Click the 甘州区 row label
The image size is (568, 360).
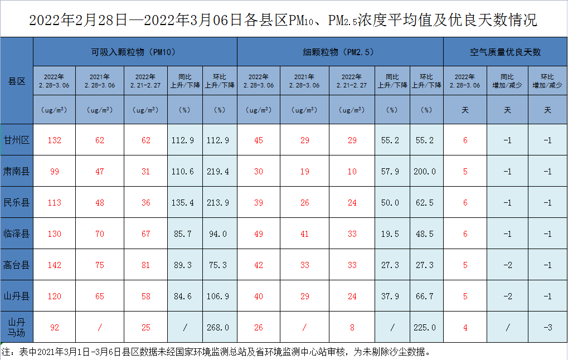pos(17,140)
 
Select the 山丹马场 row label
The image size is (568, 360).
pos(17,327)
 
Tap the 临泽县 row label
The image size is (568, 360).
pos(17,233)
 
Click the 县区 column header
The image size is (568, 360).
pos(17,81)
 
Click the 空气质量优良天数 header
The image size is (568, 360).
pos(505,52)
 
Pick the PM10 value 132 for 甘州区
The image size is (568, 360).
pos(54,140)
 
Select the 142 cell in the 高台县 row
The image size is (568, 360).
pos(54,265)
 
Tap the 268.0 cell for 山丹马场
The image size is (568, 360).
pos(219,328)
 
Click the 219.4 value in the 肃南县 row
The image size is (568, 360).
pos(219,172)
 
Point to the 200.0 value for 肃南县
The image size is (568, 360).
pos(425,172)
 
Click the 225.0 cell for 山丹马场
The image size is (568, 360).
pos(425,328)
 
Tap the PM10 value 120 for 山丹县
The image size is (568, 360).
pos(54,296)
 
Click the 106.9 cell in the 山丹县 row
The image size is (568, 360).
pos(219,296)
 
